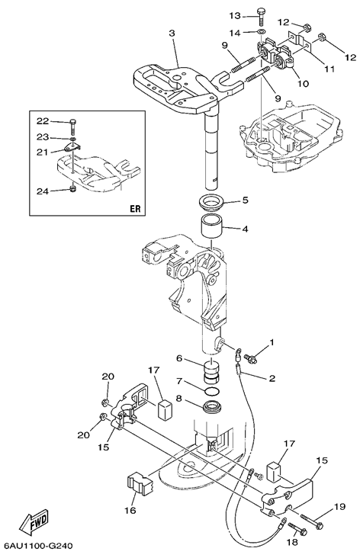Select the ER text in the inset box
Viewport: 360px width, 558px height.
point(135,209)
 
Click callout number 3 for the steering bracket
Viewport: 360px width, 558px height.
point(172,34)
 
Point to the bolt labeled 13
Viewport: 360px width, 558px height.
point(260,16)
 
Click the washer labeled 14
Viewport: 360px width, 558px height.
point(262,33)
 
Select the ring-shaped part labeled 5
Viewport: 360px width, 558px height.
point(213,203)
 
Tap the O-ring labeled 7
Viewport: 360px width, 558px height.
point(213,392)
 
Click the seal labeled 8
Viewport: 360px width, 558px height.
point(213,407)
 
